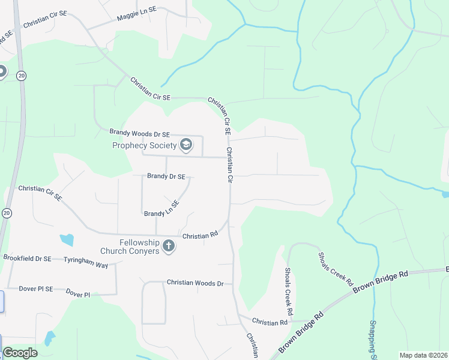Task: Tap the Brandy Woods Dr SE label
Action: (139, 133)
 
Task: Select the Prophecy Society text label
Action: (144, 145)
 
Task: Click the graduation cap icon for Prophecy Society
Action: (186, 145)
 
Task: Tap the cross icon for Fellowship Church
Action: (169, 245)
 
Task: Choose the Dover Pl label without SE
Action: (77, 294)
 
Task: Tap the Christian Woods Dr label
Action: (194, 283)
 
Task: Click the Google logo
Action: (20, 353)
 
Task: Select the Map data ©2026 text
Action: (423, 355)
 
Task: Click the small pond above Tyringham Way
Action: (67, 239)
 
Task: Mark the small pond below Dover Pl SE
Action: (50, 338)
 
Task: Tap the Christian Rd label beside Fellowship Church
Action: (199, 236)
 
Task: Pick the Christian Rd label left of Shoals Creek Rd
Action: (270, 322)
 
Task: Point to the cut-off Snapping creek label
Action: (373, 340)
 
